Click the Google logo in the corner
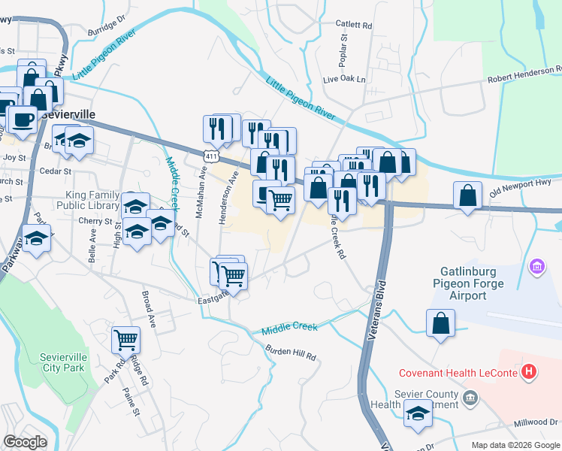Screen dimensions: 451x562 coord(26,442)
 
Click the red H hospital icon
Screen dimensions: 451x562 coord(530,371)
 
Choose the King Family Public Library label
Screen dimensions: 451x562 coord(88,199)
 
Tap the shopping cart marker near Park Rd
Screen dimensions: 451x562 coord(125,339)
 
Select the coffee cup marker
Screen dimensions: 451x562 coord(23,118)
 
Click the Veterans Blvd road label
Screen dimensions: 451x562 coord(381,312)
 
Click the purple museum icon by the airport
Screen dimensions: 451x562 coord(536,267)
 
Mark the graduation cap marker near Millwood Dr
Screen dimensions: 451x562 coord(418,413)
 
